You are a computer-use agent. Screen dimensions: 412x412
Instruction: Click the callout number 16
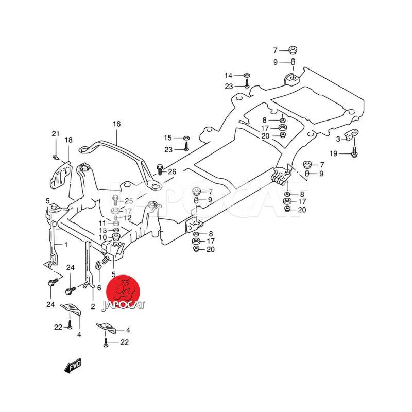(x=116, y=124)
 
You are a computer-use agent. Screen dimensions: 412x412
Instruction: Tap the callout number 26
(x=172, y=171)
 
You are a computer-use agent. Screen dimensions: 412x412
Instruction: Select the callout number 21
(x=56, y=134)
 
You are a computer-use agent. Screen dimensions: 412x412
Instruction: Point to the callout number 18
(x=68, y=140)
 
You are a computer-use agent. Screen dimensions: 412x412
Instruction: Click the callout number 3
(x=338, y=139)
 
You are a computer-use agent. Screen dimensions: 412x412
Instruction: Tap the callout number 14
(x=229, y=76)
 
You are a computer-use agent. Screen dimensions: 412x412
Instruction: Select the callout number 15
(x=167, y=138)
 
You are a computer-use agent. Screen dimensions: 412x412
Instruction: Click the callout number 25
(x=129, y=200)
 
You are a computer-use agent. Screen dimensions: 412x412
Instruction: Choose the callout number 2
(x=93, y=306)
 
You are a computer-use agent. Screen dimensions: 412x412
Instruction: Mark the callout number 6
(x=99, y=288)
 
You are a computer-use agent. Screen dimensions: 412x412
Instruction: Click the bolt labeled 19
(x=354, y=152)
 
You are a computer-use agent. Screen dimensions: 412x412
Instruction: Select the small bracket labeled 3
(x=352, y=135)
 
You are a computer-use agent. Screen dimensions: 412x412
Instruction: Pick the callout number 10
(x=103, y=237)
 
